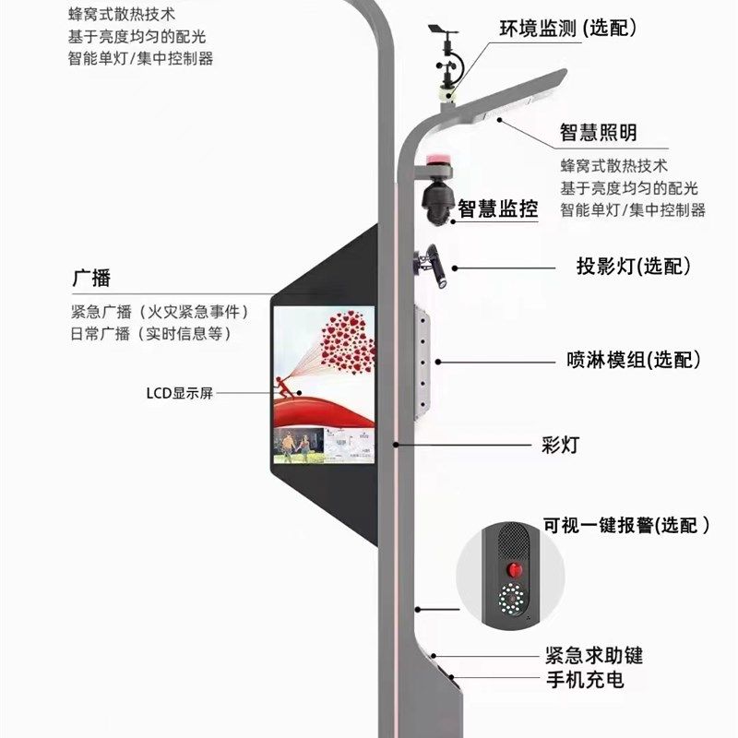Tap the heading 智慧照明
click(599, 133)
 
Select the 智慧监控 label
click(497, 208)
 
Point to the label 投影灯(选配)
click(634, 267)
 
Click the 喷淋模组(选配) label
click(634, 360)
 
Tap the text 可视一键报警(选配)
click(627, 526)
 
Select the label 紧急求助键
click(593, 656)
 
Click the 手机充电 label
click(584, 681)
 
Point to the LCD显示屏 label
click(179, 393)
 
